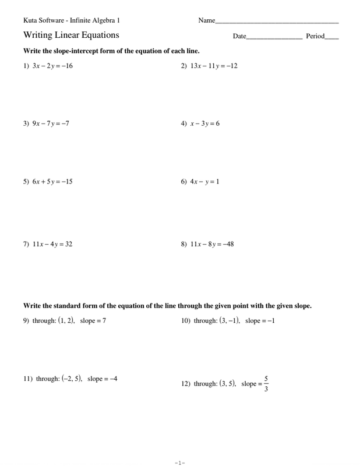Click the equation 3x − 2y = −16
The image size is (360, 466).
(52, 66)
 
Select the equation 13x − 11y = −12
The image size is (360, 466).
(214, 66)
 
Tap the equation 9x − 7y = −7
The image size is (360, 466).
(51, 123)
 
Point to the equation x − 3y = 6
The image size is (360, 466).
(204, 123)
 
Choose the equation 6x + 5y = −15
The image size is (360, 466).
(52, 182)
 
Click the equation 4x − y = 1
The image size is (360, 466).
(204, 182)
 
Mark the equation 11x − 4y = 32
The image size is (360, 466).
(52, 244)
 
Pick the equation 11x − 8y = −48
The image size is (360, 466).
(212, 244)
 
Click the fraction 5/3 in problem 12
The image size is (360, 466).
(266, 383)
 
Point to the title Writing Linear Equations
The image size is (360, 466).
(71, 36)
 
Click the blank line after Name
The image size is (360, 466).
(277, 22)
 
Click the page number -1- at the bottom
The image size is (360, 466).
(179, 463)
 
